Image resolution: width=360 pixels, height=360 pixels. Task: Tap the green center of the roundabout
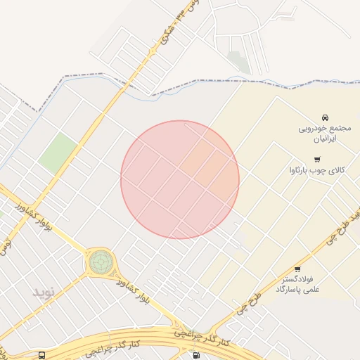point(101,262)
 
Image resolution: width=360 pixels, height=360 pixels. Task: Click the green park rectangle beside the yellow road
point(58,153)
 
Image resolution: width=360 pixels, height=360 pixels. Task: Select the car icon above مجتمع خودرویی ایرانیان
point(325,117)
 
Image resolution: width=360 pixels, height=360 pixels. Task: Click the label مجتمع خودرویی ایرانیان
point(324,134)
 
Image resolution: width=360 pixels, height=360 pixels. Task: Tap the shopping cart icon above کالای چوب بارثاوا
point(317,160)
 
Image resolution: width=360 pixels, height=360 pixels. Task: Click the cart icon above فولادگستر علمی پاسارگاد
point(297,269)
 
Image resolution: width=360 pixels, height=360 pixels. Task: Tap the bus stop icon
point(42,356)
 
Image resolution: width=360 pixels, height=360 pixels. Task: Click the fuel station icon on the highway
point(195,355)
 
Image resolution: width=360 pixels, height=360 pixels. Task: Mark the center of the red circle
point(180,180)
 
